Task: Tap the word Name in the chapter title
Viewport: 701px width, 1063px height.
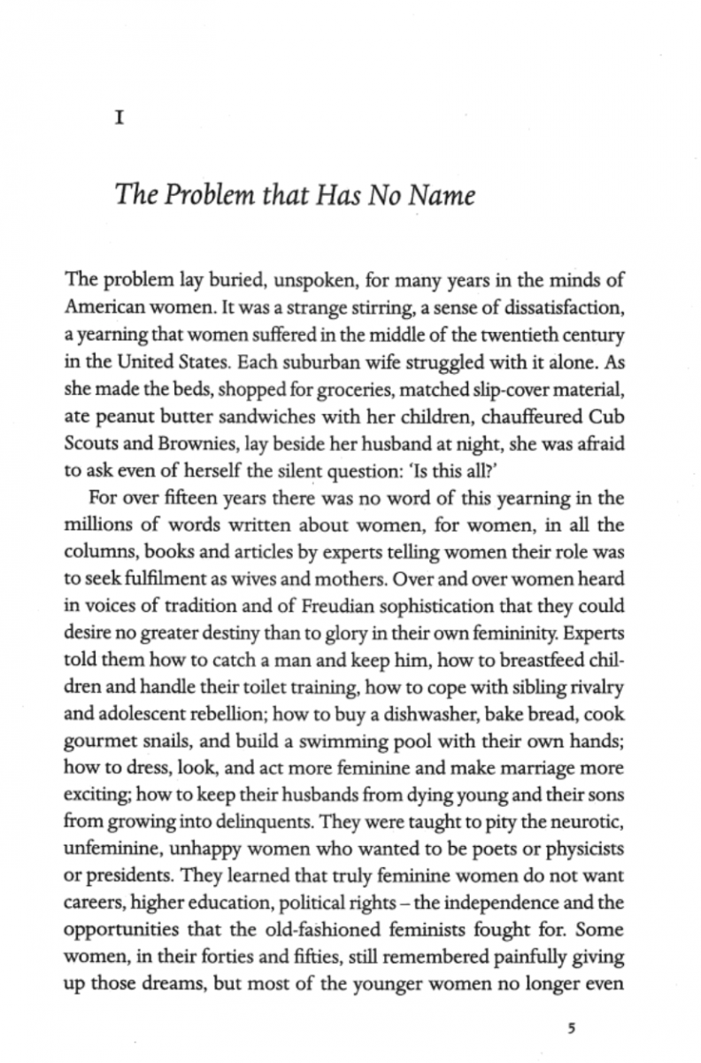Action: [442, 195]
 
